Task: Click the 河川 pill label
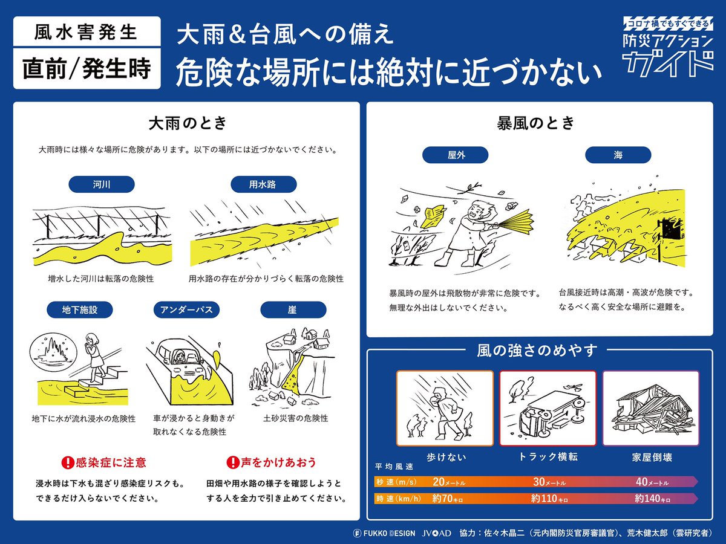(x=102, y=184)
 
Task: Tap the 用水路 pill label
(x=263, y=184)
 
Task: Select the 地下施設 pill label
(x=80, y=310)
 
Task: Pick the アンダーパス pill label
(x=186, y=310)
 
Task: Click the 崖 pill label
(x=292, y=310)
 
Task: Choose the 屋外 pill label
(x=456, y=155)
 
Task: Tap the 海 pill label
(x=617, y=155)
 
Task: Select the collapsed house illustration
(x=650, y=411)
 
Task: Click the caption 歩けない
(x=446, y=458)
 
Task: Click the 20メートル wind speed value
(x=448, y=482)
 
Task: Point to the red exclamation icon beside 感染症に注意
(x=68, y=463)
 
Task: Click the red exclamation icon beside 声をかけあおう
(x=232, y=463)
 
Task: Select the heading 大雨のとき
(x=188, y=123)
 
